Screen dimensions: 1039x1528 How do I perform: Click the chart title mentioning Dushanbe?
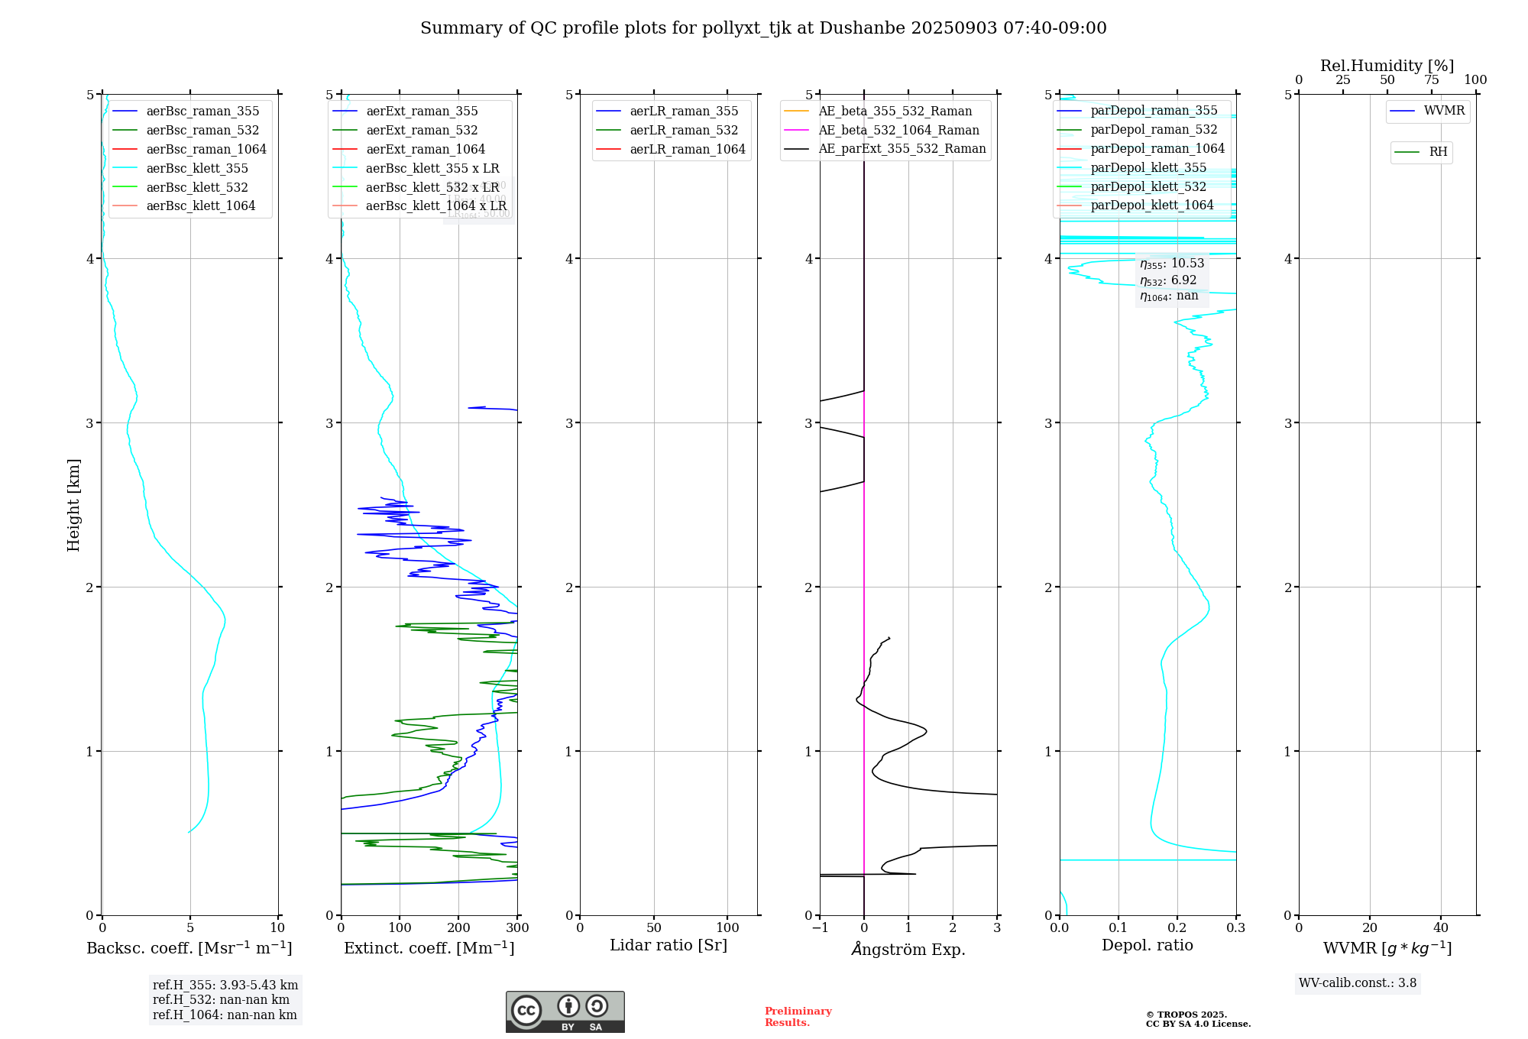pyautogui.click(x=763, y=28)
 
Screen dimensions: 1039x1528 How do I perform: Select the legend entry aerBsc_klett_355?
pyautogui.click(x=197, y=168)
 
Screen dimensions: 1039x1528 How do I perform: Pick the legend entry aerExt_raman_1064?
pyautogui.click(x=425, y=149)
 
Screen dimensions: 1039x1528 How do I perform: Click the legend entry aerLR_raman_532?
pyautogui.click(x=684, y=130)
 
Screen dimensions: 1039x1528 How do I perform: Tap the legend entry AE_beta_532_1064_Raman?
pyautogui.click(x=898, y=130)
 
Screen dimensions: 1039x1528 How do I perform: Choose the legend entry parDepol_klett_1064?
pyautogui.click(x=1151, y=205)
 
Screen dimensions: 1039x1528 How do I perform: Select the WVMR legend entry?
pyautogui.click(x=1444, y=111)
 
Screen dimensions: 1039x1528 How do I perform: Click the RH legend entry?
pyautogui.click(x=1438, y=152)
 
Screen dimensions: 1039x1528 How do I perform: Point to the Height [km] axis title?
pyautogui.click(x=73, y=504)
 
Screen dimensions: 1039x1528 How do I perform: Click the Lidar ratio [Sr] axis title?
pyautogui.click(x=668, y=945)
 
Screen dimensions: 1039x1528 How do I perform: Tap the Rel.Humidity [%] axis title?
pyautogui.click(x=1387, y=66)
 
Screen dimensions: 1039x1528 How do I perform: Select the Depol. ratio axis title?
pyautogui.click(x=1147, y=945)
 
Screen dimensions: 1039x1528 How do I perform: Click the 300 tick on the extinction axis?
pyautogui.click(x=517, y=928)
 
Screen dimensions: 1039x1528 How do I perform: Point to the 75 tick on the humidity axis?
pyautogui.click(x=1431, y=80)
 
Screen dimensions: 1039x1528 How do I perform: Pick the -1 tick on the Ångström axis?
pyautogui.click(x=819, y=928)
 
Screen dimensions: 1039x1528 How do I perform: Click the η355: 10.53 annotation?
pyautogui.click(x=1171, y=264)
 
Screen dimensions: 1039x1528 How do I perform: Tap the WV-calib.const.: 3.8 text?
pyautogui.click(x=1357, y=983)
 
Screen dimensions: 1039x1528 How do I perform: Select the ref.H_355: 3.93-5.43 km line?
pyautogui.click(x=225, y=986)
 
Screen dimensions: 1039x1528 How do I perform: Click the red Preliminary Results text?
pyautogui.click(x=798, y=1016)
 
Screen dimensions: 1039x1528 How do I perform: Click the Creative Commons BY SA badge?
pyautogui.click(x=565, y=1011)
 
